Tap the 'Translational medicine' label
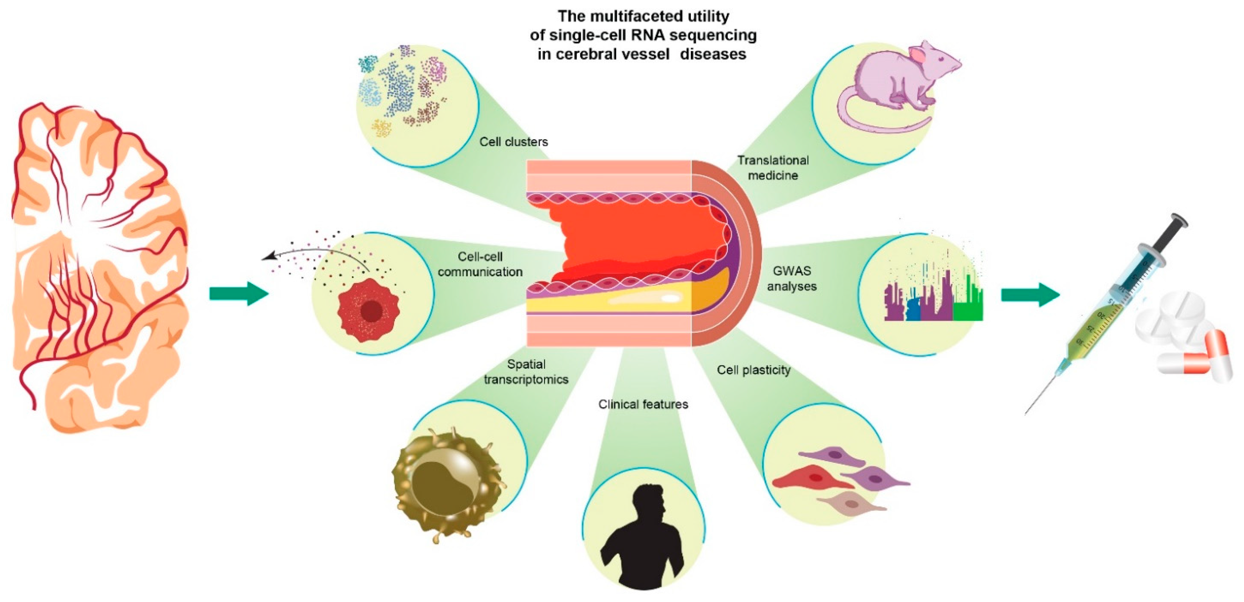click(773, 167)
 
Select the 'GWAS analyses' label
click(792, 279)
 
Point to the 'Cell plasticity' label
click(753, 370)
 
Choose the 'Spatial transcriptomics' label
click(526, 372)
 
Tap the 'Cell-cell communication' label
click(480, 264)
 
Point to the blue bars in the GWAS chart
click(913, 309)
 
